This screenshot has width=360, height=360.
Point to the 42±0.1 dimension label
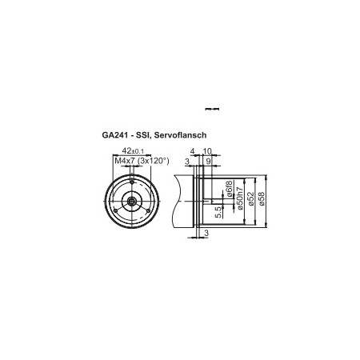[131, 150]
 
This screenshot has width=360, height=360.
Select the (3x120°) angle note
[154, 161]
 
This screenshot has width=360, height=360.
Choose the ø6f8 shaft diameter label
[228, 190]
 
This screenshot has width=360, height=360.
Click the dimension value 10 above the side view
[207, 150]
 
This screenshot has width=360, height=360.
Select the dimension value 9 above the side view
[209, 161]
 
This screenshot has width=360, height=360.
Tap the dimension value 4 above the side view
[193, 150]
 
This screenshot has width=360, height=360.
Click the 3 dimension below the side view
[206, 233]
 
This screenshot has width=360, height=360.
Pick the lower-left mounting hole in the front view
[117, 209]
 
